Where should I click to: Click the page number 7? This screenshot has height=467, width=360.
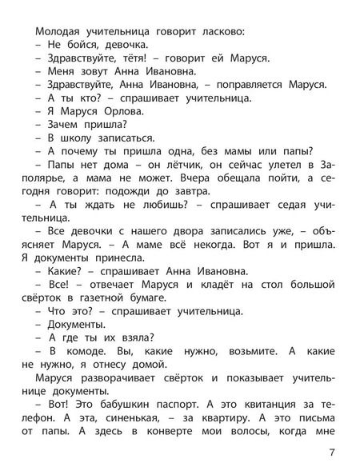pyautogui.click(x=342, y=449)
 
